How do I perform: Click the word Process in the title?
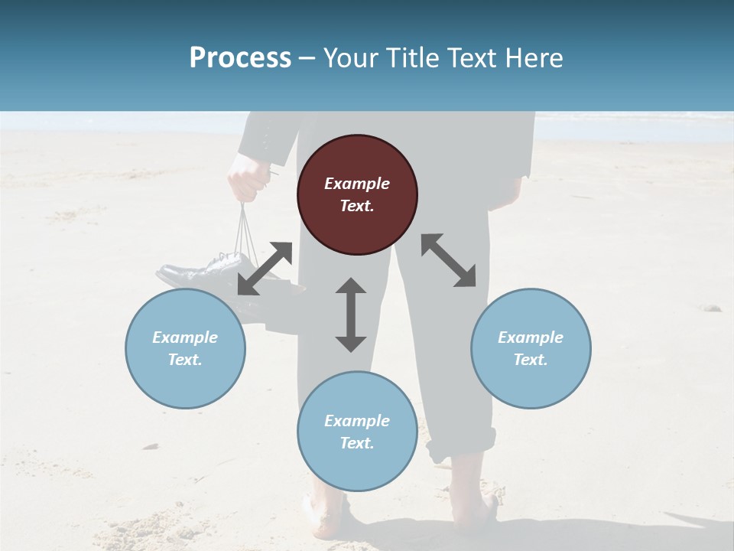(x=240, y=58)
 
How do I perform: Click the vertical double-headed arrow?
(x=351, y=315)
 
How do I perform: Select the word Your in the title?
(x=349, y=58)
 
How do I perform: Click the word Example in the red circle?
(x=357, y=184)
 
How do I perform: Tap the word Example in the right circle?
(x=531, y=337)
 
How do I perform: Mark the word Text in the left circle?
(x=184, y=360)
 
